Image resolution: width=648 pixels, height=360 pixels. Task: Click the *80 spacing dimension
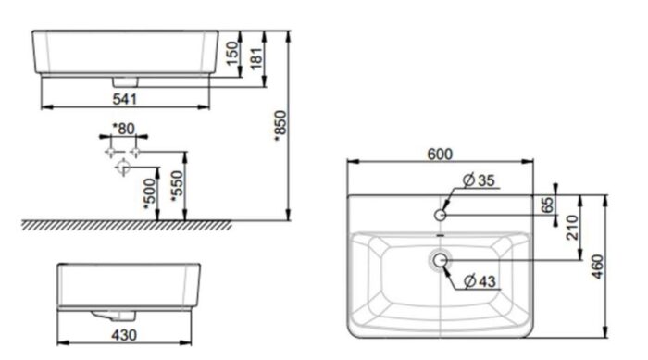click(123, 128)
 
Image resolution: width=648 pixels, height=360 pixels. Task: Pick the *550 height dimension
click(174, 188)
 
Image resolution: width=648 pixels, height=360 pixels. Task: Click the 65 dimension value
click(548, 205)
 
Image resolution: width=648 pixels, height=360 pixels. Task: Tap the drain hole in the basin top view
click(440, 262)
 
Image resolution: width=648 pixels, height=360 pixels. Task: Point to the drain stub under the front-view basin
click(123, 80)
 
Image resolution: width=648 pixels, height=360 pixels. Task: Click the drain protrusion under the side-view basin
click(104, 312)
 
